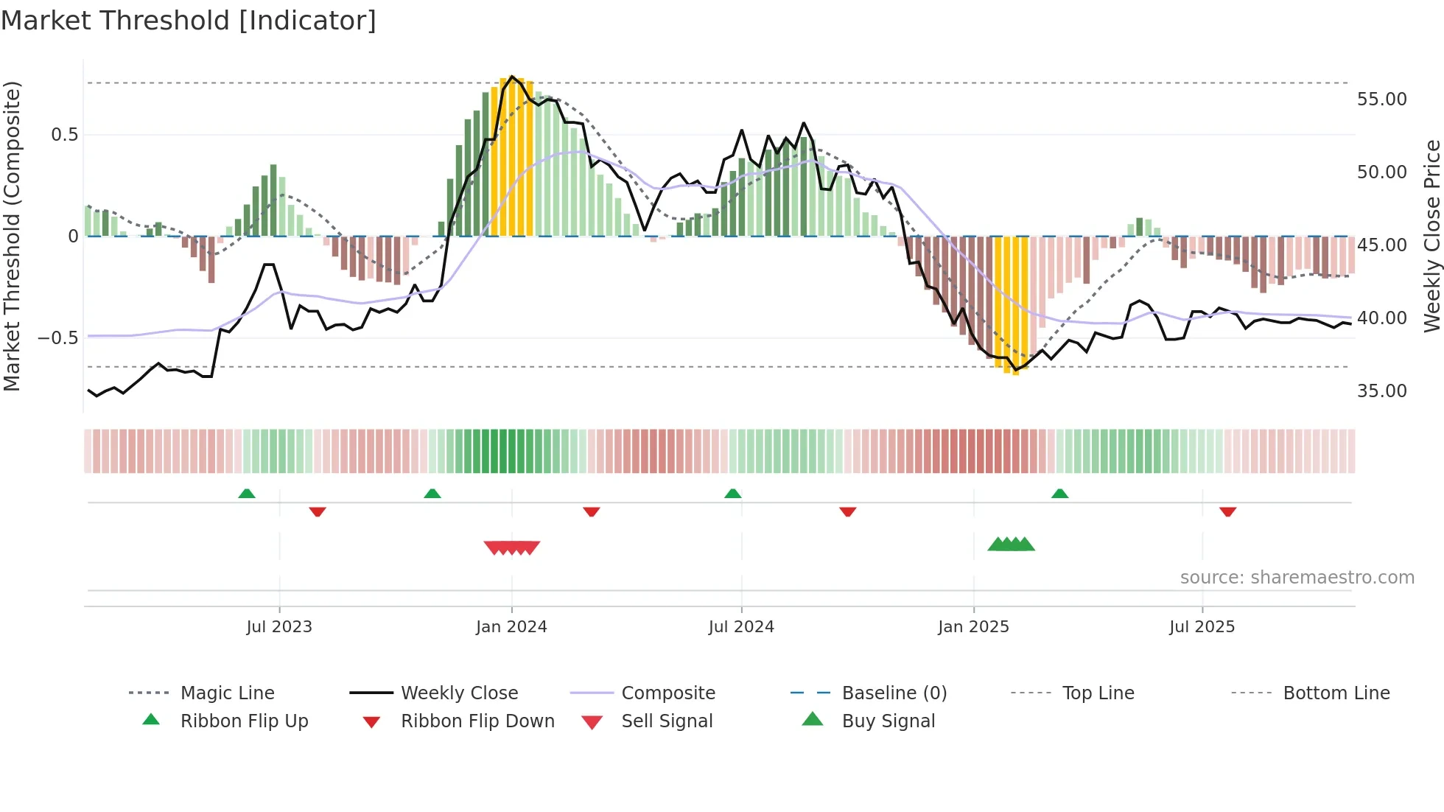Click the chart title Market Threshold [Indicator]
189,21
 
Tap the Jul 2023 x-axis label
279,627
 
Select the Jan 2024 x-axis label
511,627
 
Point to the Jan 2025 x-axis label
973,627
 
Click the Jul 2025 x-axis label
1202,627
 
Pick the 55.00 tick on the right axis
1381,99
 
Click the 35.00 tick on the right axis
1381,391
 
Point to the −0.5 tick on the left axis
57,338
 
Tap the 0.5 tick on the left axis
64,135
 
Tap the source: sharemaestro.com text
1297,578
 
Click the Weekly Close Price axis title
1431,236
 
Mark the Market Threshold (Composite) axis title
12,236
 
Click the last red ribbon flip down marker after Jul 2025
1227,511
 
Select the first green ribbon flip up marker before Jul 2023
247,494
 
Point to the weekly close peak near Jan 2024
512,77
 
